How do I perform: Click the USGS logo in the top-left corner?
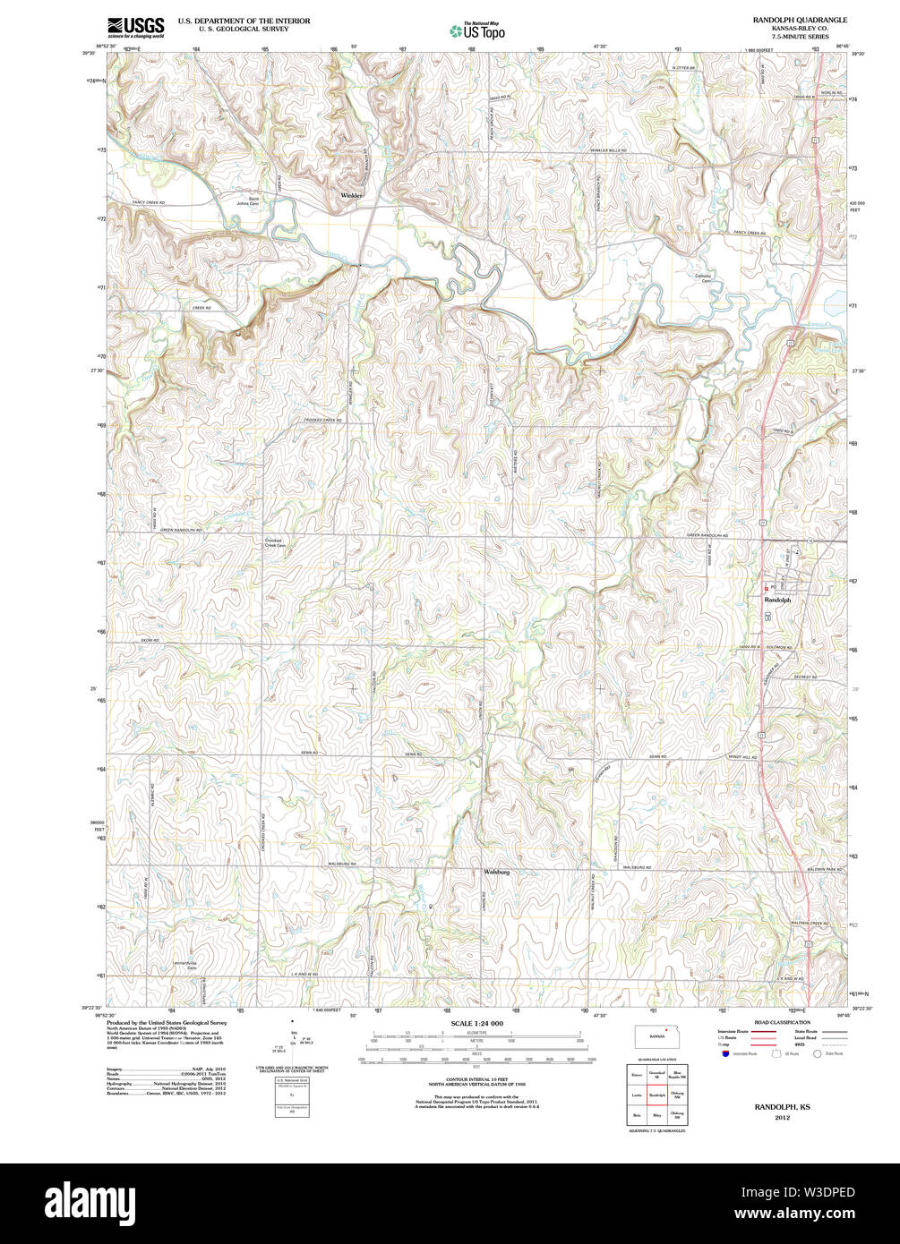(x=135, y=26)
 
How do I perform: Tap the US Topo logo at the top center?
(x=476, y=30)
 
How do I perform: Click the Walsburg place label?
(x=496, y=871)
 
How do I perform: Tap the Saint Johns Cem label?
(x=259, y=200)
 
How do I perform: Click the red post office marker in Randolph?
(x=771, y=588)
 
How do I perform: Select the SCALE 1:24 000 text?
(x=476, y=1023)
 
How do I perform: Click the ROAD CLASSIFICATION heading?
(x=783, y=1022)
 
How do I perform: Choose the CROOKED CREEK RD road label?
(x=324, y=420)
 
